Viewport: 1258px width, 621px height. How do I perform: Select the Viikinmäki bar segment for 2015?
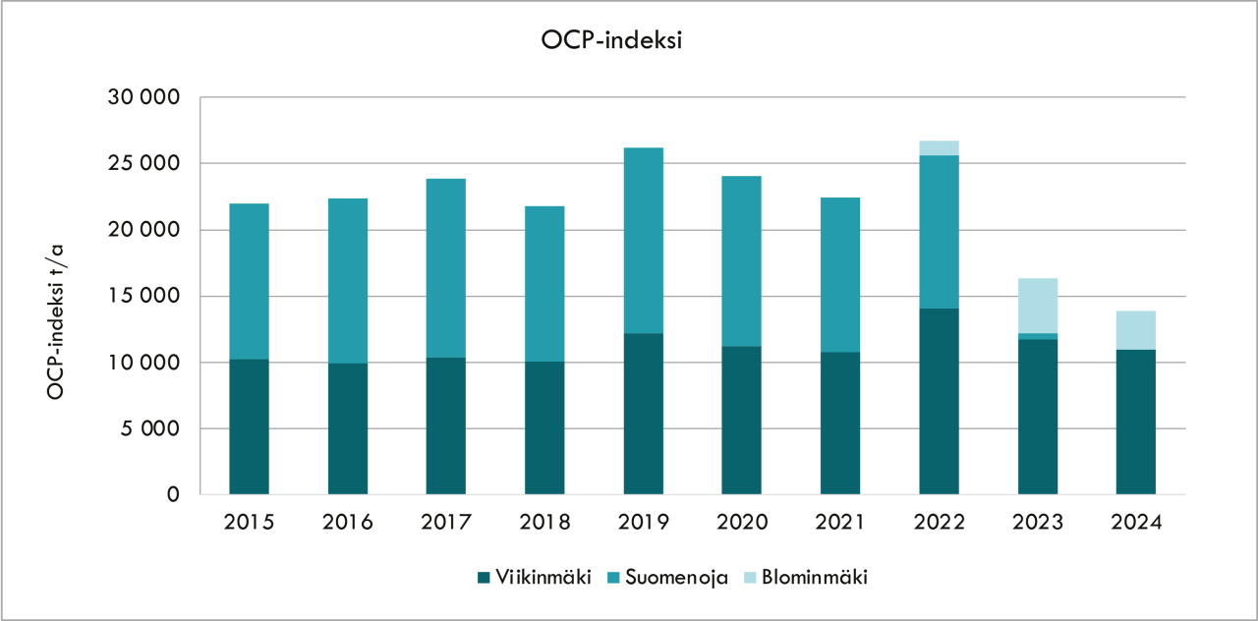(x=249, y=426)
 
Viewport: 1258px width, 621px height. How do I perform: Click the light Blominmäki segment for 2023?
(x=1037, y=306)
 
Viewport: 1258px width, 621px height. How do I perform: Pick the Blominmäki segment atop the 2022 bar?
(x=939, y=147)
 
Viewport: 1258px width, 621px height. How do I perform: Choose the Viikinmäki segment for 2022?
(x=939, y=401)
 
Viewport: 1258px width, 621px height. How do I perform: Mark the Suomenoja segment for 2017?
(x=445, y=268)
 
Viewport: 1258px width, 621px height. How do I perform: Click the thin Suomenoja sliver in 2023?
(x=1037, y=336)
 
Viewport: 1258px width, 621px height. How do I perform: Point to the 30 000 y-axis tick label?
(x=144, y=98)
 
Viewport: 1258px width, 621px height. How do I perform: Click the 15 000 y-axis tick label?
(x=144, y=297)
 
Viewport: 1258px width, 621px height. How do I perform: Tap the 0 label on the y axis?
(x=173, y=494)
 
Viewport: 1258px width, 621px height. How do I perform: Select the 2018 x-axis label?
(x=544, y=522)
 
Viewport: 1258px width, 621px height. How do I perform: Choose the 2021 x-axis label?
(x=840, y=522)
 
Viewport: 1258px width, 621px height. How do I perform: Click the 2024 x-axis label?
(x=1136, y=522)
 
